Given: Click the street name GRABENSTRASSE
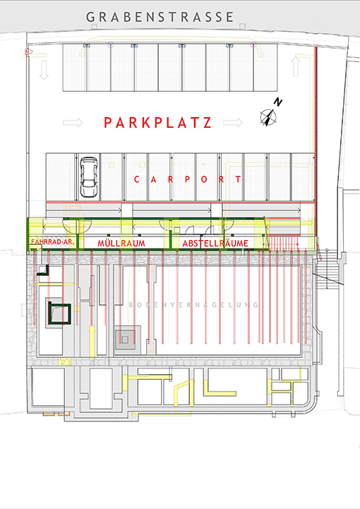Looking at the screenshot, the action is pos(160,17).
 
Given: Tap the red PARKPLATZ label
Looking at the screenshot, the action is pos(157,123).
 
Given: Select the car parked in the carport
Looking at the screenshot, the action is pos(89,177).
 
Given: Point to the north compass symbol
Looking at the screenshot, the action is pos(268,117).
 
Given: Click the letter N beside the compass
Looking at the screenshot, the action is pos(278,102).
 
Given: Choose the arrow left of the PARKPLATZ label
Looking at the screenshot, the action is pos(73,123).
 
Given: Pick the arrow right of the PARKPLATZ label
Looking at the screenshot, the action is pos(233,123).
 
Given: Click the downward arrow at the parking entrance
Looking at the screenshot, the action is pos(44,70).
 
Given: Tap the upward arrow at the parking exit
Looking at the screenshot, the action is pos(295,66).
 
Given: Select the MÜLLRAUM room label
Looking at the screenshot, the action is pos(121,243).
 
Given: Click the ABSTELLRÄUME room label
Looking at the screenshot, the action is pos(215,243).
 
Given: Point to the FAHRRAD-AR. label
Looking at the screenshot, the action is pos(52,242).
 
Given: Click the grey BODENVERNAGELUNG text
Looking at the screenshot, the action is pos(193,305).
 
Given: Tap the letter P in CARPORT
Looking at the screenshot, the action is pos(187,179).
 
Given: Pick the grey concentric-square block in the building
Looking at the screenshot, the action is pos(125,340).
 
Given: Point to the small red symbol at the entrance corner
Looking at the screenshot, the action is pos(28,52).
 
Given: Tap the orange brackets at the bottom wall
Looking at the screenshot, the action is pos(56,414).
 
